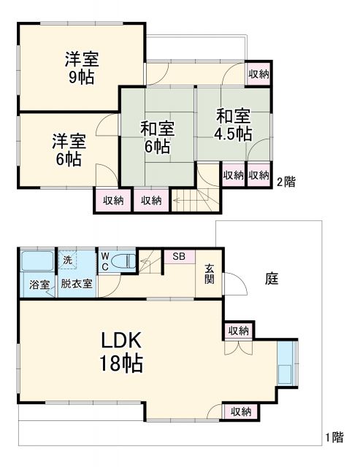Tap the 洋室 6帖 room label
click(66, 149)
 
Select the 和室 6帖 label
click(157, 137)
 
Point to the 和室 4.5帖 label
click(233, 125)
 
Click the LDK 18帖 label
click(120, 351)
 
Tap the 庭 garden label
click(272, 278)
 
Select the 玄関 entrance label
click(210, 274)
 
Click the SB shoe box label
click(179, 256)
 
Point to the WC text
click(104, 261)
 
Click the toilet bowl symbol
click(125, 260)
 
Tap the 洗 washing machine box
click(66, 260)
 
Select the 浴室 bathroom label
click(39, 285)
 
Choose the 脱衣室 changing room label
click(76, 285)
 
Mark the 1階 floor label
click(334, 438)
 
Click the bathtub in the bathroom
click(37, 261)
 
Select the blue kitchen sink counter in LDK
click(286, 363)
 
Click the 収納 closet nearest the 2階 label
click(258, 176)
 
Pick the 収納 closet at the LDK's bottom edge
click(241, 412)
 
